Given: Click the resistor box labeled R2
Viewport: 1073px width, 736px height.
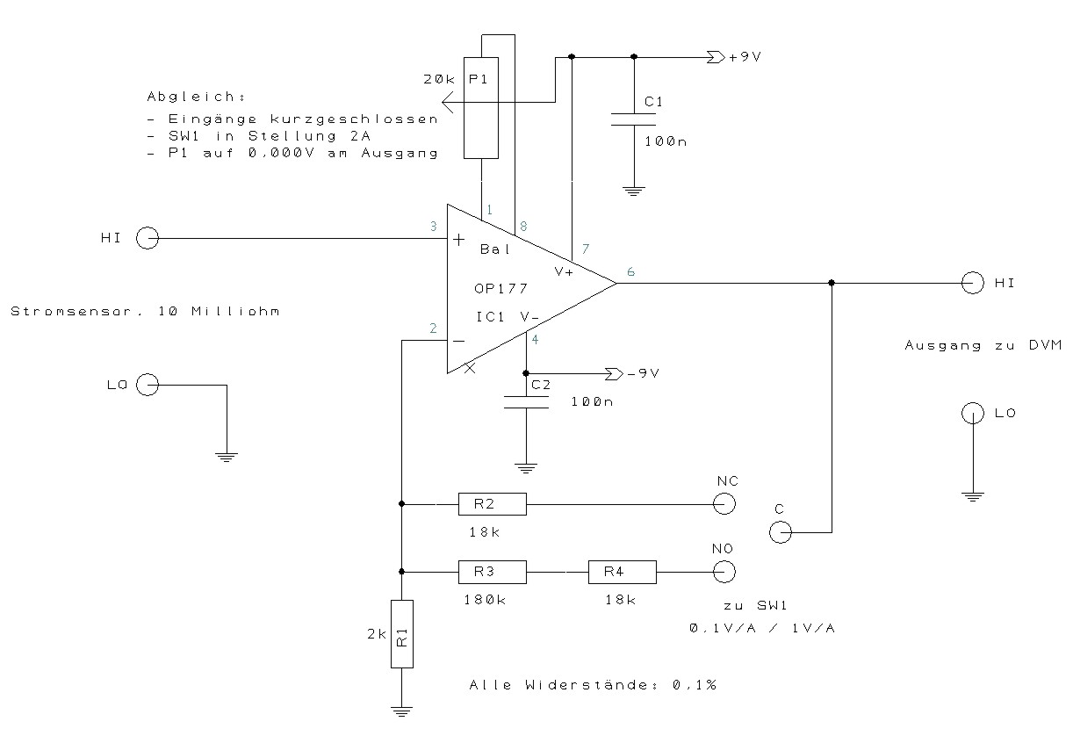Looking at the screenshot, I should click(492, 504).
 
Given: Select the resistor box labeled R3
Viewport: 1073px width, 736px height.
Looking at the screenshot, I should click(492, 573).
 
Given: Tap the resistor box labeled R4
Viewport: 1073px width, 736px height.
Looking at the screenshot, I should click(622, 573).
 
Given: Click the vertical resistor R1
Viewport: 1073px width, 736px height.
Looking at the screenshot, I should click(401, 635).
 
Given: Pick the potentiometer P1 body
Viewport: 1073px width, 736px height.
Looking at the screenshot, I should click(481, 108).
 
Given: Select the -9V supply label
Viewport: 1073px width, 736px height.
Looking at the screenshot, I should click(643, 373).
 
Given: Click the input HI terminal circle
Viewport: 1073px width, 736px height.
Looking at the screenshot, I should click(147, 238).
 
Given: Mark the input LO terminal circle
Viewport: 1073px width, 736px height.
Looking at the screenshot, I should click(147, 385).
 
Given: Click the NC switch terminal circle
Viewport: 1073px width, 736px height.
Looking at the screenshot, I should click(724, 504).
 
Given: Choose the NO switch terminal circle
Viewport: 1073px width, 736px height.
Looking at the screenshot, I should click(724, 573).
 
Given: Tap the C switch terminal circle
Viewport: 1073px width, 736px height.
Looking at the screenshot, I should click(779, 532).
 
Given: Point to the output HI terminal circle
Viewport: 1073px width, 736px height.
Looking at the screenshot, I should click(972, 283).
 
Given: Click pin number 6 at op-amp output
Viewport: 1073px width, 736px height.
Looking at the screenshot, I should click(630, 272).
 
